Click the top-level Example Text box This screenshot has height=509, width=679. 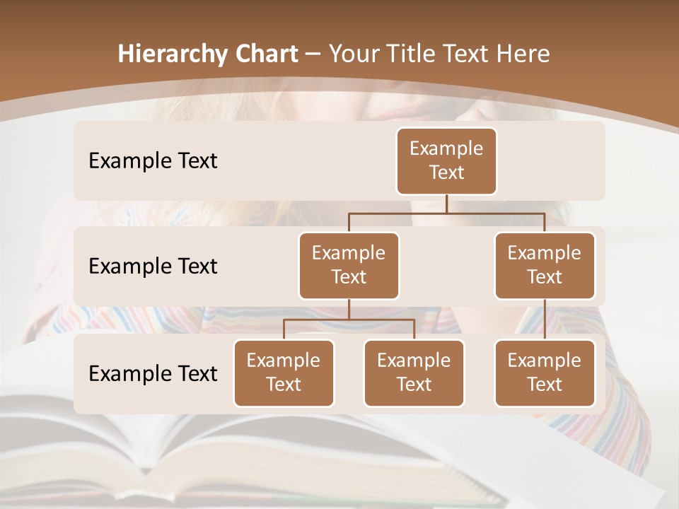click(446, 160)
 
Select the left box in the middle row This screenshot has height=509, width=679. click(349, 265)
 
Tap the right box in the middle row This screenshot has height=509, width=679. click(545, 265)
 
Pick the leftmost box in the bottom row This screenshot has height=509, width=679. click(284, 373)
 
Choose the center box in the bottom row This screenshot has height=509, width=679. click(414, 373)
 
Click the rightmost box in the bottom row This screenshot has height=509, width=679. click(545, 373)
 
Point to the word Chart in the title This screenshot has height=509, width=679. click(265, 54)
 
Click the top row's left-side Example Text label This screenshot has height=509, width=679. click(153, 160)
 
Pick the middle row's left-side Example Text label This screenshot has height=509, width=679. click(153, 266)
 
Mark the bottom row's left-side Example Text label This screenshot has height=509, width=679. click(153, 373)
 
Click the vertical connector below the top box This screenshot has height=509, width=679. click(446, 204)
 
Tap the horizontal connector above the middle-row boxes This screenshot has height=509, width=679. click(446, 213)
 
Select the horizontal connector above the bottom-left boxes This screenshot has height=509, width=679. click(349, 320)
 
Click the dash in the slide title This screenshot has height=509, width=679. click(312, 54)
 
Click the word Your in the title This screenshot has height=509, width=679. click(351, 54)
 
